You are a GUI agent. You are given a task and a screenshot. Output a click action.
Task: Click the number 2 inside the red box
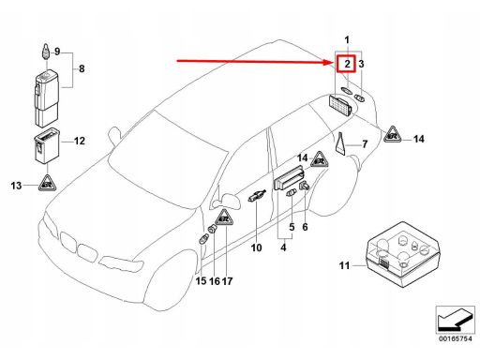[347, 64]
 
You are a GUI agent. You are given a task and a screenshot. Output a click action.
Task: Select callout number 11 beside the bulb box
[344, 265]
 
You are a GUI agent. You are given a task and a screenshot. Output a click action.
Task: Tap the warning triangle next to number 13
[47, 183]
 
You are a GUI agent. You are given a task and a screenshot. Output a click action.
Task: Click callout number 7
[365, 144]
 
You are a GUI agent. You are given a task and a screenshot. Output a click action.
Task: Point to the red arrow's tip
[335, 63]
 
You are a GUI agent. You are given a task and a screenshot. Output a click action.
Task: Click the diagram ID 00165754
[455, 339]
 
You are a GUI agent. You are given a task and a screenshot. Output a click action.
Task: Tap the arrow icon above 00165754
[455, 321]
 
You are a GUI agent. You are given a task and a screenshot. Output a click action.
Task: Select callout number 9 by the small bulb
[57, 52]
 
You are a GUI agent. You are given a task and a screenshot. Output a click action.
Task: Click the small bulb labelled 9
[46, 52]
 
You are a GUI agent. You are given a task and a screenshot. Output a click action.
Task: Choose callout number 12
[80, 141]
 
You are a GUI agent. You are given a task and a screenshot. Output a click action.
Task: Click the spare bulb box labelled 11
[403, 254]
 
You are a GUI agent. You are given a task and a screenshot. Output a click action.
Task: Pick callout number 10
[256, 247]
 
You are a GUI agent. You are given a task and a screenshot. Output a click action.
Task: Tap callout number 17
[227, 281]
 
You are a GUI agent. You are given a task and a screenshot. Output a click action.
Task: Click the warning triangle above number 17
[225, 217]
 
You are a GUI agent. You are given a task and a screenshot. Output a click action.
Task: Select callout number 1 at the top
[347, 40]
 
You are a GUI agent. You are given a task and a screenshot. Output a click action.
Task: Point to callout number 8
[82, 68]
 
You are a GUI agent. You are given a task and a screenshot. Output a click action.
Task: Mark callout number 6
[305, 227]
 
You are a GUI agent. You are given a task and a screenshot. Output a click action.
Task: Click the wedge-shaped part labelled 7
[340, 143]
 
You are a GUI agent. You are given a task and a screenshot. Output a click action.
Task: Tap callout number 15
[201, 281]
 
